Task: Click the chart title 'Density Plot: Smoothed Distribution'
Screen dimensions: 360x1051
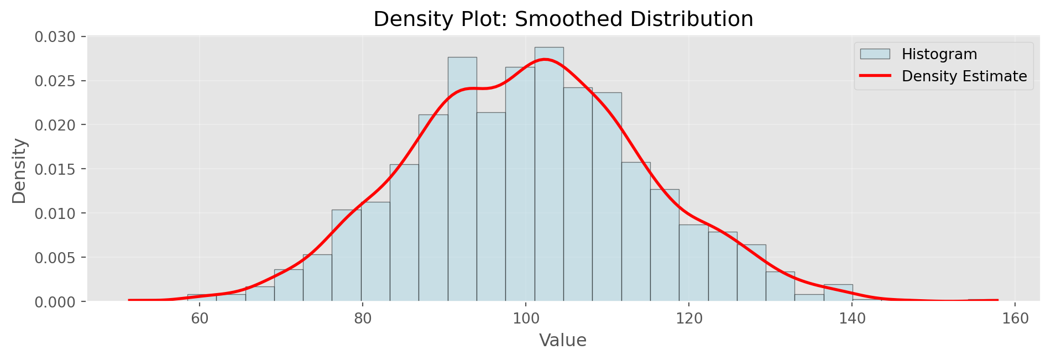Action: [x=563, y=19]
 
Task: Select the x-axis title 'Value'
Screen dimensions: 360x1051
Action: [x=563, y=340]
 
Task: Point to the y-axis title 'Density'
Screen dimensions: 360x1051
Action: [x=19, y=171]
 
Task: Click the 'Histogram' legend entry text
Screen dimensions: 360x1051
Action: [x=939, y=54]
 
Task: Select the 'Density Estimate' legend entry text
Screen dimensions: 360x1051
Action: [x=964, y=76]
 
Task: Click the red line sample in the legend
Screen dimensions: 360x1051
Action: [x=875, y=76]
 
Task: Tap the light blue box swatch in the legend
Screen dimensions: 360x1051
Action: [x=875, y=54]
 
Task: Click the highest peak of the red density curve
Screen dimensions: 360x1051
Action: [x=545, y=59]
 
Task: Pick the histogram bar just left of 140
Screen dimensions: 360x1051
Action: [x=838, y=293]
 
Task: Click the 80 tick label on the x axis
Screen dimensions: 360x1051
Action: [x=362, y=319]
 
